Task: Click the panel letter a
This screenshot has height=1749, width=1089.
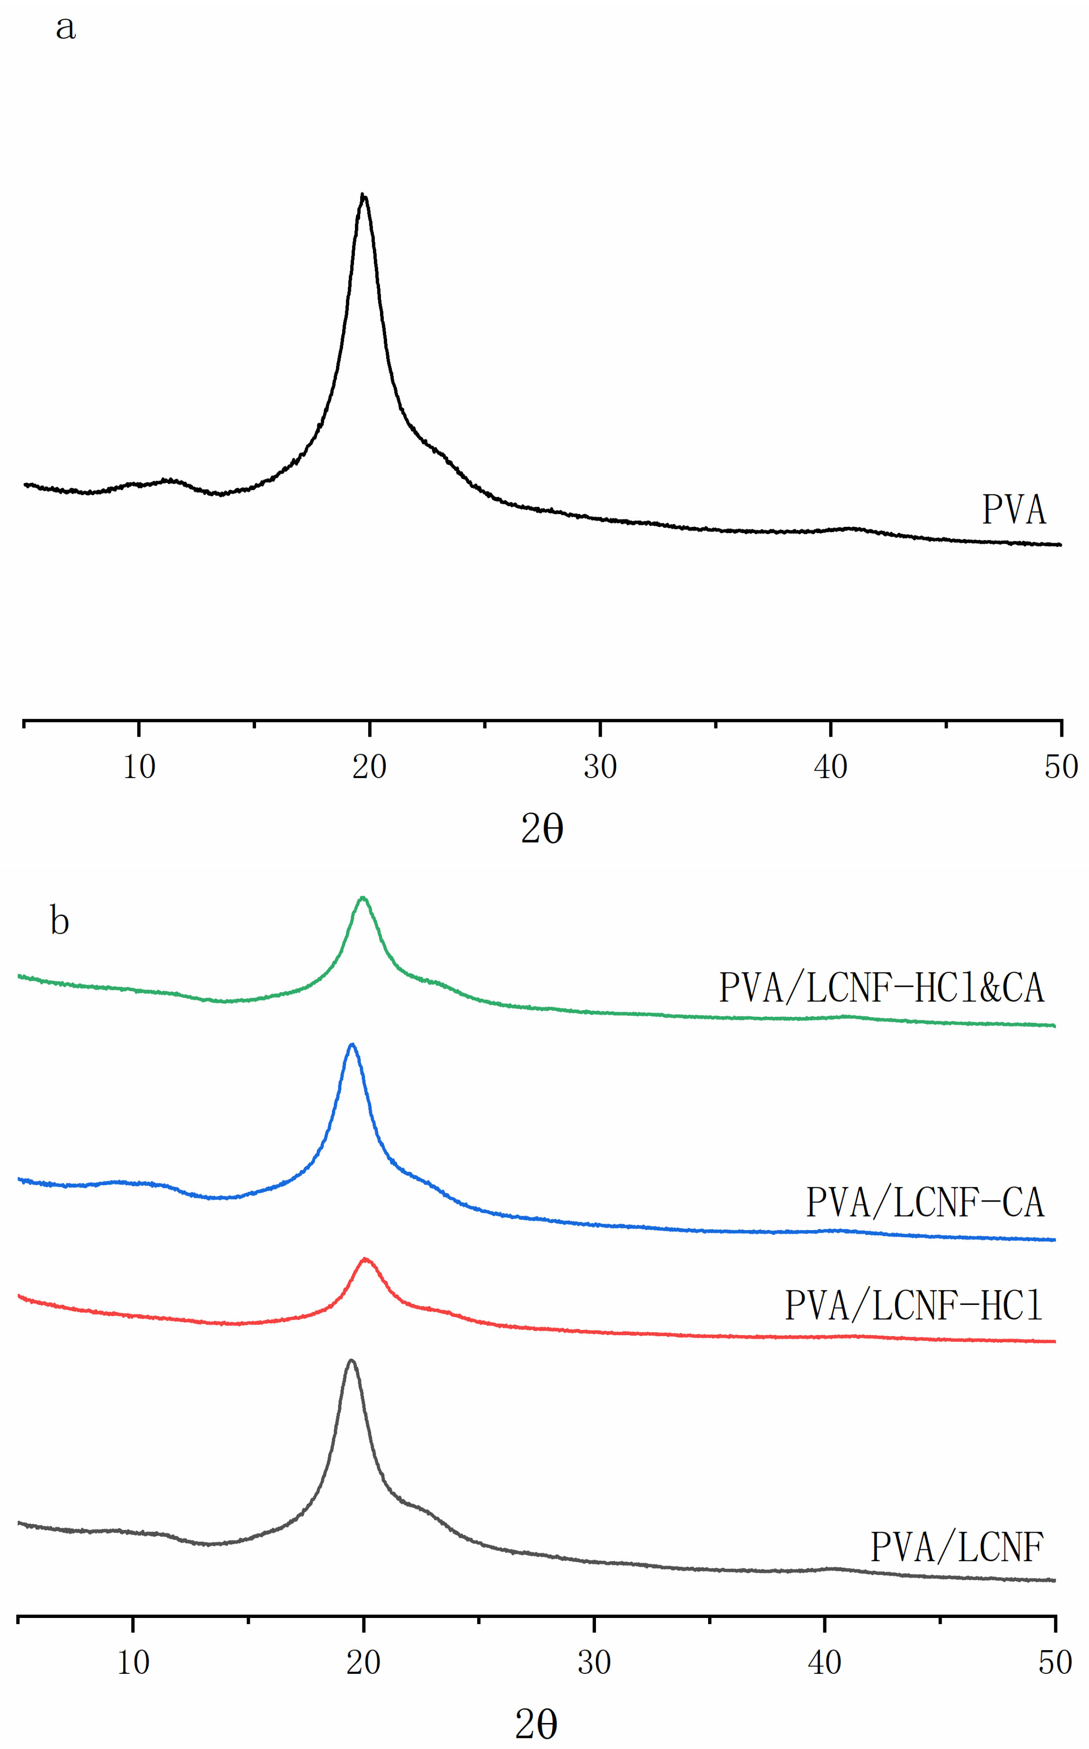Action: click(66, 28)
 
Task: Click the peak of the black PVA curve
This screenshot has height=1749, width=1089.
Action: click(363, 195)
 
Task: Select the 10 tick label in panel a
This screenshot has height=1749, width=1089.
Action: click(139, 767)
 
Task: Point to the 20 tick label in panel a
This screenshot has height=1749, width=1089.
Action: click(369, 767)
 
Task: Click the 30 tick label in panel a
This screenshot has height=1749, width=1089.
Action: click(600, 767)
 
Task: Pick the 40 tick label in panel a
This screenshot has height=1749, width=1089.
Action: click(830, 767)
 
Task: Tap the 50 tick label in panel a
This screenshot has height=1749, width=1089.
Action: click(1061, 767)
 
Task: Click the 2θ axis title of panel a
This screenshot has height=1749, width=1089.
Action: click(541, 829)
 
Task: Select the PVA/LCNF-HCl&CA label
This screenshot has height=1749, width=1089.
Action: click(881, 987)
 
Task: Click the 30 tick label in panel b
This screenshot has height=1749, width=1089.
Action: click(594, 1663)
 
